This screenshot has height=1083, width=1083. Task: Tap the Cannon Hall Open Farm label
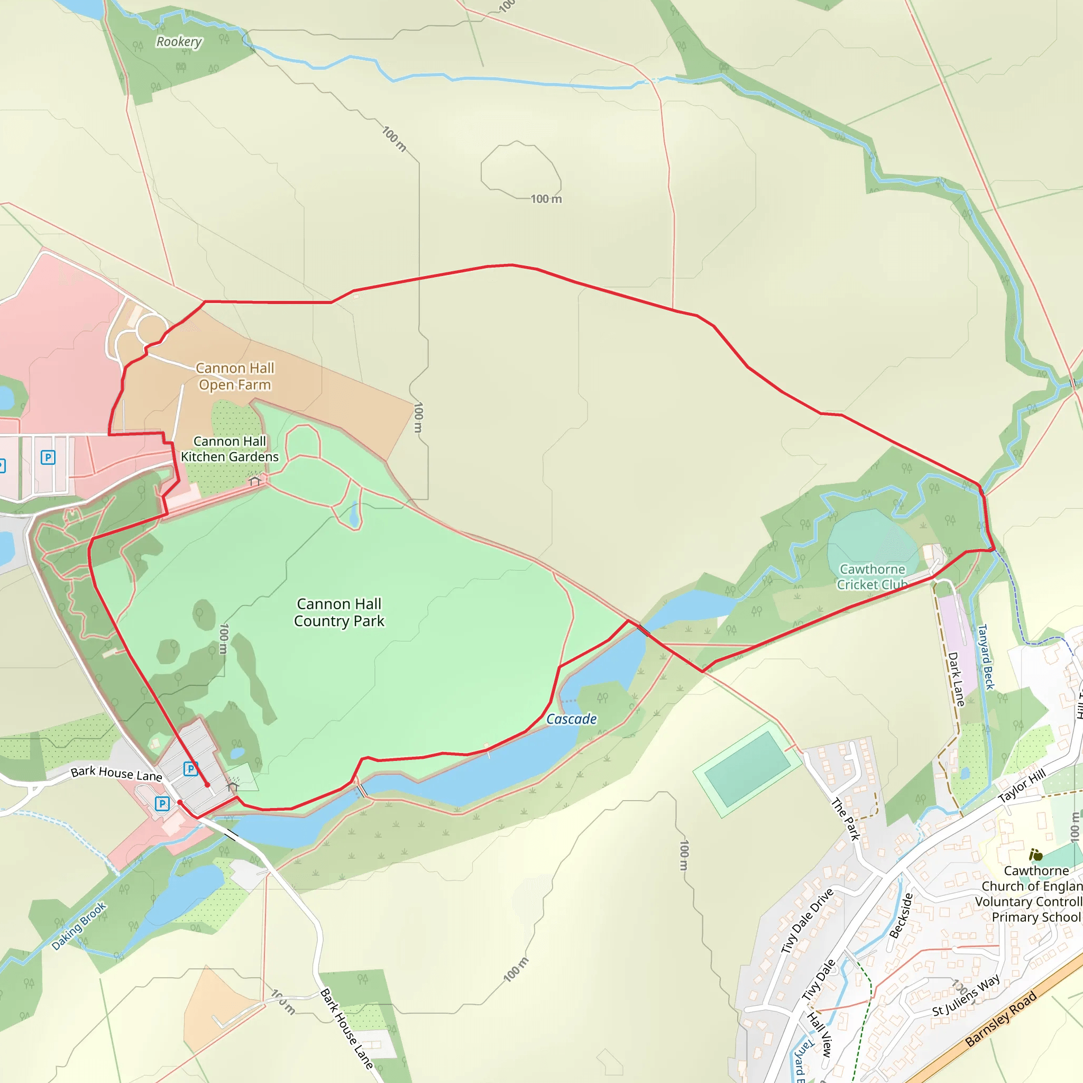point(235,377)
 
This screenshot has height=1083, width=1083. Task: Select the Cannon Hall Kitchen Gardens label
point(230,449)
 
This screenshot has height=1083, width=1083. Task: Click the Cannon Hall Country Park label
point(339,612)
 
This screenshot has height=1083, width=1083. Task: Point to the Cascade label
point(571,719)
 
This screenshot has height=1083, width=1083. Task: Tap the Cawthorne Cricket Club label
point(871,577)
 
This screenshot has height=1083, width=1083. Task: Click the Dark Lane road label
point(956,679)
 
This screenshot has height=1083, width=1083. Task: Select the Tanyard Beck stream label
point(986,657)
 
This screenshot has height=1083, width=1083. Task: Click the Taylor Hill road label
point(1021,786)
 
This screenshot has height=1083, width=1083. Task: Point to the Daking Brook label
point(78,926)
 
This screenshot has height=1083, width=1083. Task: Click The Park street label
point(846,820)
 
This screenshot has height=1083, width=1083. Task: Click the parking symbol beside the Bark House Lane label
point(190,768)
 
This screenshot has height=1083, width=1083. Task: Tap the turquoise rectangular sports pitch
point(747,768)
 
